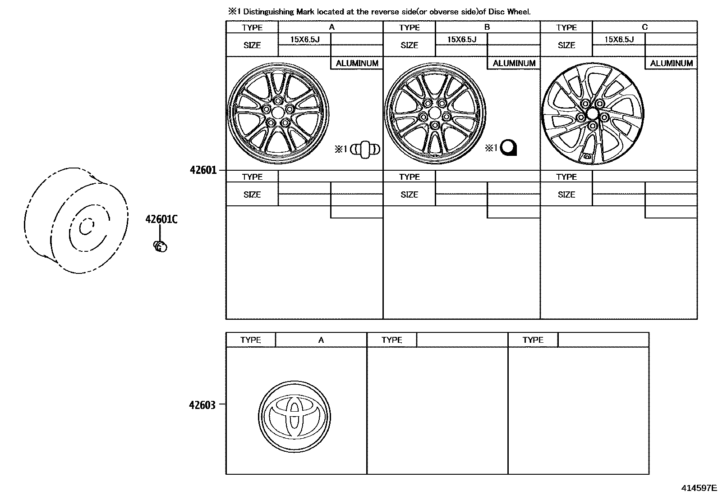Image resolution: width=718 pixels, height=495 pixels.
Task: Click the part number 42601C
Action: click(161, 219)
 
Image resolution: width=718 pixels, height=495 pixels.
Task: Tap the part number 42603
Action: click(202, 404)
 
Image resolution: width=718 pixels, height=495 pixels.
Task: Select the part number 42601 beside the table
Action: click(203, 170)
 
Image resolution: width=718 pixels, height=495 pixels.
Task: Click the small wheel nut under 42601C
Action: click(160, 246)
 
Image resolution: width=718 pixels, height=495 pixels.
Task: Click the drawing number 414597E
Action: click(699, 488)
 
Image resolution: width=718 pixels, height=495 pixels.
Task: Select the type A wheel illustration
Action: click(278, 113)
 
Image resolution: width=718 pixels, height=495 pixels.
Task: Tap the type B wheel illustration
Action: click(435, 113)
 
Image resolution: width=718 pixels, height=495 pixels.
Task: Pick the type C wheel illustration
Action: click(592, 113)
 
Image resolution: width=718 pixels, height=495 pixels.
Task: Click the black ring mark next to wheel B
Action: click(509, 148)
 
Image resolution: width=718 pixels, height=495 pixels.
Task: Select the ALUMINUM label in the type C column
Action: click(671, 64)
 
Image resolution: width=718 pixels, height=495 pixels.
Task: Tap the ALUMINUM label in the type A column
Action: click(357, 64)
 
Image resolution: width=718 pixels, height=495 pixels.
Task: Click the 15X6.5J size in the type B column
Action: click(462, 40)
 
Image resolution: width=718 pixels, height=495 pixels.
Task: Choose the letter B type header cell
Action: click(487, 27)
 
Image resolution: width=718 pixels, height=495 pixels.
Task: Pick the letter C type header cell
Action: click(644, 27)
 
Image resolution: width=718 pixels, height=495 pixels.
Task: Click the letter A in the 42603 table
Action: click(321, 340)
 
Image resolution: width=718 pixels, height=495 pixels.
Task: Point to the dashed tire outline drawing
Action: click(75, 221)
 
